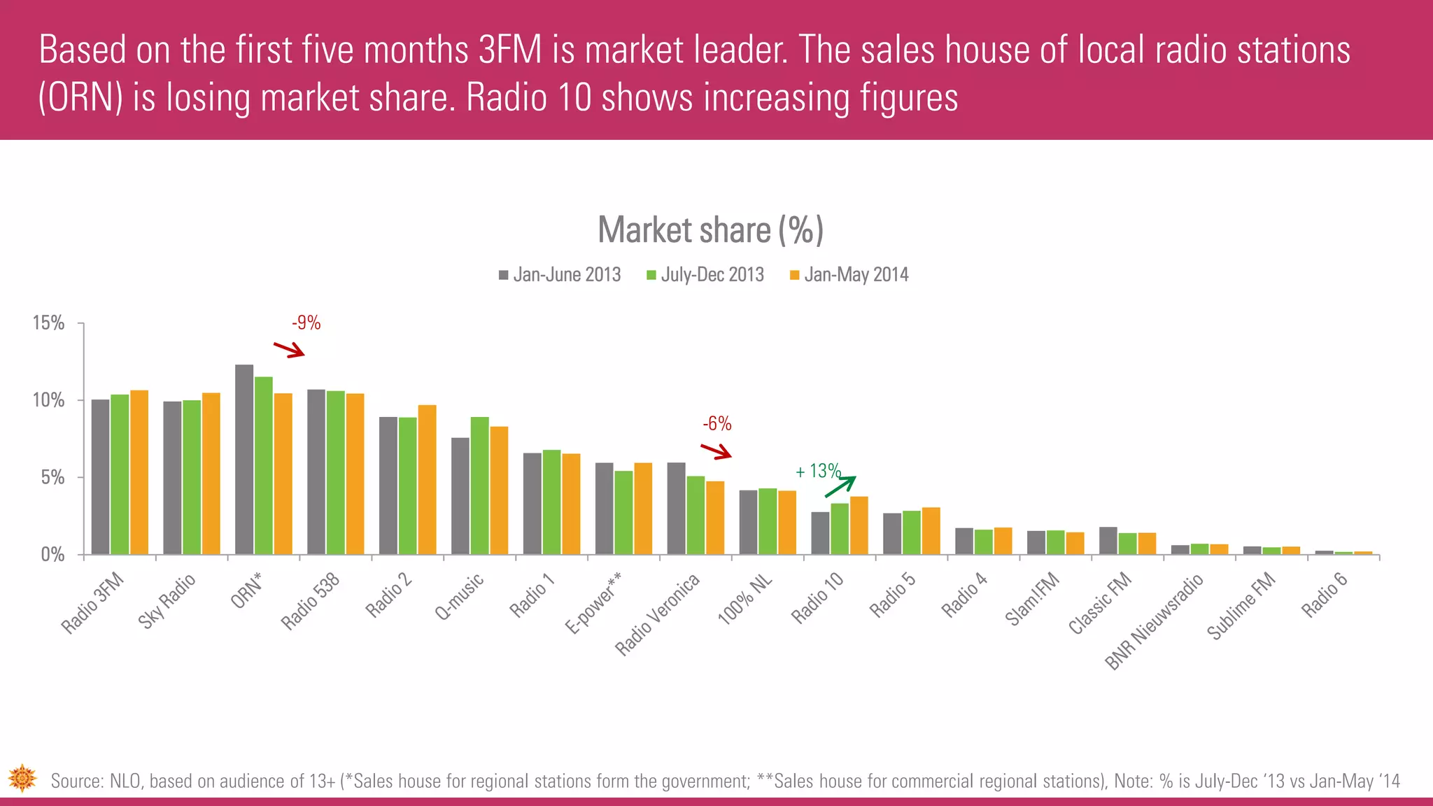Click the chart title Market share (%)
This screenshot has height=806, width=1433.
(x=710, y=229)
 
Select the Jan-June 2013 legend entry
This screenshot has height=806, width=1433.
(x=560, y=274)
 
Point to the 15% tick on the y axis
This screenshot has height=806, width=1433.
(x=48, y=323)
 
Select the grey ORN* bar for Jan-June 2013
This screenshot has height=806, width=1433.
(x=244, y=460)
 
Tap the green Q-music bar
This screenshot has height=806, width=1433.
(x=479, y=486)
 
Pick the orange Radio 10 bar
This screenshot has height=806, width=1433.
(x=859, y=525)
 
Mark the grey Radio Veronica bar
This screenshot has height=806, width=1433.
(x=676, y=509)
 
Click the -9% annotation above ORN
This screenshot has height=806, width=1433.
(x=306, y=323)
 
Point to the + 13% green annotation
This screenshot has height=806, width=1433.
(x=817, y=471)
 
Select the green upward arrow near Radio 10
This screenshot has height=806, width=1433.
(x=840, y=486)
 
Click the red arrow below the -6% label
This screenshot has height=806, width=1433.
(x=716, y=451)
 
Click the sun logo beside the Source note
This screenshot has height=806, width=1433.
(x=22, y=778)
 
